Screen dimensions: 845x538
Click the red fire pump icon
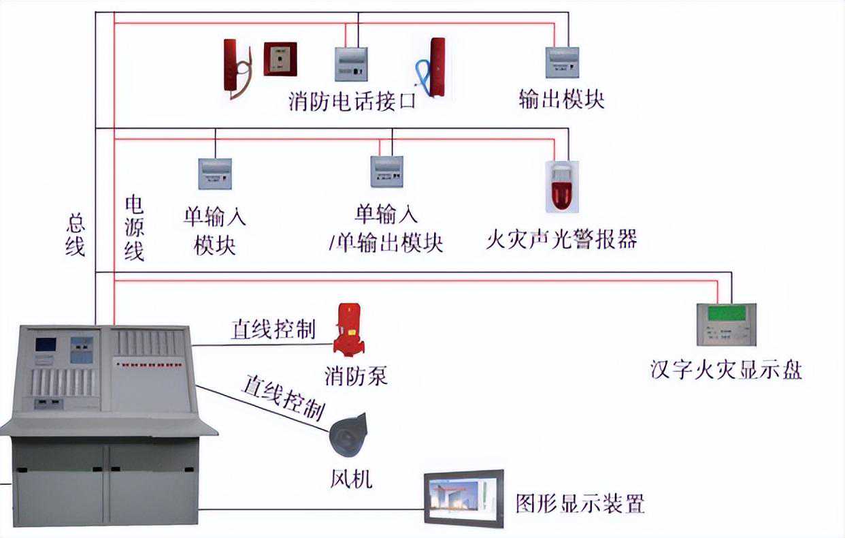click(x=349, y=329)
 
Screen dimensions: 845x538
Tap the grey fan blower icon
click(x=348, y=435)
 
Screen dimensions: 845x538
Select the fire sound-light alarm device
click(x=562, y=187)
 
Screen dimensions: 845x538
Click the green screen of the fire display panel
click(x=727, y=313)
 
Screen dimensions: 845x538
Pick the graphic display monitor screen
click(x=463, y=499)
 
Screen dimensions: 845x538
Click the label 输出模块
click(x=561, y=99)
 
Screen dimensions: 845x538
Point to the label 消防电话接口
click(x=352, y=101)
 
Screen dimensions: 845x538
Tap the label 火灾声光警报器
click(x=561, y=239)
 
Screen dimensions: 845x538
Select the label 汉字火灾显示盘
click(x=726, y=369)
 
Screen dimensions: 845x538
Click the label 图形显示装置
click(x=580, y=503)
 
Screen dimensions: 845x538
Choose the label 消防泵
click(x=356, y=376)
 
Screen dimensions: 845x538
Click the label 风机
click(x=351, y=479)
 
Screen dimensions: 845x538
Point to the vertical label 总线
click(x=75, y=234)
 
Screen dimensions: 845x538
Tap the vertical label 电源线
click(x=134, y=228)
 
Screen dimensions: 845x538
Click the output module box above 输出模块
click(x=562, y=62)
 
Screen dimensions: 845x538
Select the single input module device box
click(x=215, y=174)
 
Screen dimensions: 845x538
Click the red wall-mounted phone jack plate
click(x=280, y=59)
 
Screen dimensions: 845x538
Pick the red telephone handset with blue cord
click(x=432, y=67)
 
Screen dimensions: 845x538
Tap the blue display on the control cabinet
click(x=46, y=345)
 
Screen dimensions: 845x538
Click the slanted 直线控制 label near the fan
click(x=284, y=398)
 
